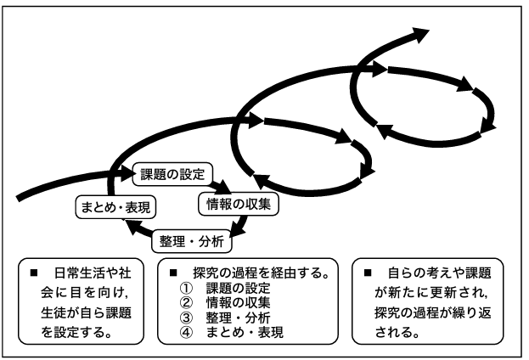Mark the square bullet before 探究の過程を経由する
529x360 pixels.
click(173, 274)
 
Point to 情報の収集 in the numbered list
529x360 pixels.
click(241, 303)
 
